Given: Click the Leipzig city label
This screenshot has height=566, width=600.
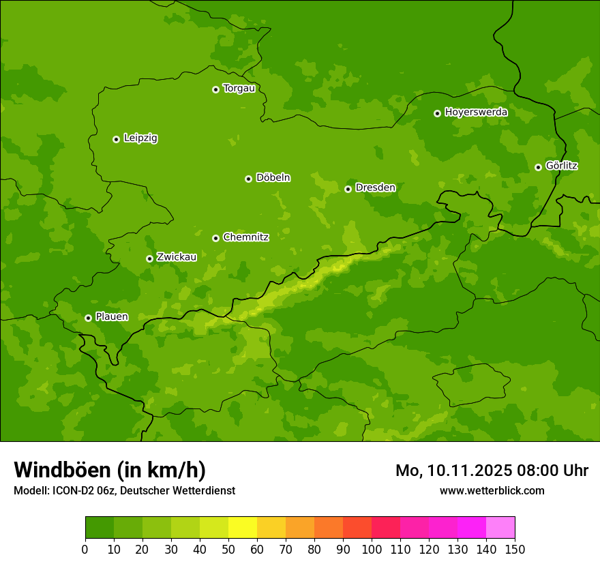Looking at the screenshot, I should pyautogui.click(x=140, y=138).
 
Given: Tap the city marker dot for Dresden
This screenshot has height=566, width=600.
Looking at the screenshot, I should pyautogui.click(x=348, y=189).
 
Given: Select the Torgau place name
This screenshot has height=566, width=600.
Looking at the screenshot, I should pyautogui.click(x=239, y=89).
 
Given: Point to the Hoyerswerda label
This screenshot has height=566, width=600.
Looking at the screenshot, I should pyautogui.click(x=476, y=112).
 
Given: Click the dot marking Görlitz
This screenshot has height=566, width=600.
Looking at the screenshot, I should pyautogui.click(x=538, y=167).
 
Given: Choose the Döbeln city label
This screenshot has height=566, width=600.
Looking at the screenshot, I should pyautogui.click(x=273, y=178).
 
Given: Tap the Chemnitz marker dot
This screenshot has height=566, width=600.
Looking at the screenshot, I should pyautogui.click(x=215, y=238).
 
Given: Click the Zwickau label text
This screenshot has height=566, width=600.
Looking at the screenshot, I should pyautogui.click(x=177, y=257).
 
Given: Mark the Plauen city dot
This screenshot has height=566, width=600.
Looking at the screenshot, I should pyautogui.click(x=88, y=318).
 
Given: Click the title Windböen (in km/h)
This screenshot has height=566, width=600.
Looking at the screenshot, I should pyautogui.click(x=110, y=470).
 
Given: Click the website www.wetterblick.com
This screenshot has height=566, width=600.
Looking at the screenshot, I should pyautogui.click(x=492, y=490).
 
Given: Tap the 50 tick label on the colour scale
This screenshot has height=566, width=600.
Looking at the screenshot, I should pyautogui.click(x=228, y=549).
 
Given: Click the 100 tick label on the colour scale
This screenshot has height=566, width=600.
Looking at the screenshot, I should pyautogui.click(x=372, y=549).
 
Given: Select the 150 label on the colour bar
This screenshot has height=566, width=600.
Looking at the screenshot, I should pyautogui.click(x=515, y=549).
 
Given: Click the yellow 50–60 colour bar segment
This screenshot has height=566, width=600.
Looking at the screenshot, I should pyautogui.click(x=243, y=528).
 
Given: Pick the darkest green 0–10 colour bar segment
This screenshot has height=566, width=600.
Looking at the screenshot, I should pyautogui.click(x=100, y=528).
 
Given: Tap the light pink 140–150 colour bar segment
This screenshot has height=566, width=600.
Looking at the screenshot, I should pyautogui.click(x=500, y=528).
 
